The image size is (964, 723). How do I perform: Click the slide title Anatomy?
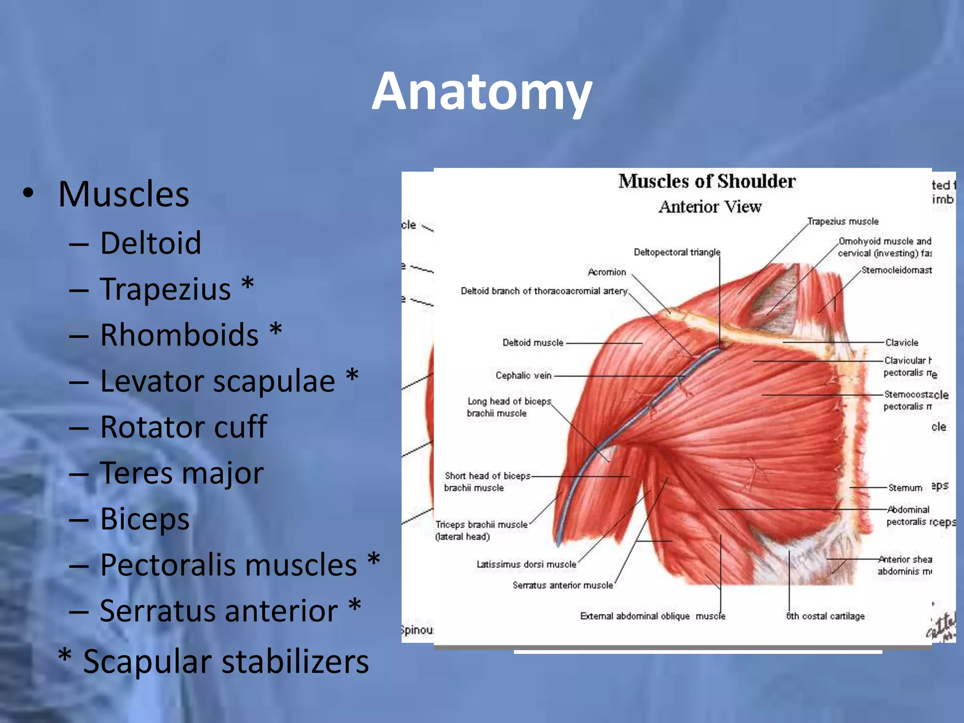point(482,92)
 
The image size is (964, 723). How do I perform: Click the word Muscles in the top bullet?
point(123,194)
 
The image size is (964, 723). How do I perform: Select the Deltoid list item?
point(151,243)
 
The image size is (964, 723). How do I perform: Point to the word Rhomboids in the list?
point(179,335)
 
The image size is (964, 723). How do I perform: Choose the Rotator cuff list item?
point(184,427)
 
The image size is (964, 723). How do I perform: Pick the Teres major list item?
point(182,473)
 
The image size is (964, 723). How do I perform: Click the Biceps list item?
point(145,519)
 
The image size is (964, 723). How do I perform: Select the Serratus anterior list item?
point(219,611)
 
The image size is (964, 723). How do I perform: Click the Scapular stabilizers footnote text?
point(226,661)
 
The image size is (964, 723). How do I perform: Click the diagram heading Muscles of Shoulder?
point(707,181)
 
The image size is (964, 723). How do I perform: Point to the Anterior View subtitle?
point(710,207)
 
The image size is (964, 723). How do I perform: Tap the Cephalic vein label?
point(523,376)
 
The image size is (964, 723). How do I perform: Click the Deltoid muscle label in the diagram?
point(532,343)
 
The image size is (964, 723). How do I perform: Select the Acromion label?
point(607,272)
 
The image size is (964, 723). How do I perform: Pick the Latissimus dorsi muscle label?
point(526,564)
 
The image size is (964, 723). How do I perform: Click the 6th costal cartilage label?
point(825,616)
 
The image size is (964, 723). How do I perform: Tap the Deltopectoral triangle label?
point(676,252)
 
